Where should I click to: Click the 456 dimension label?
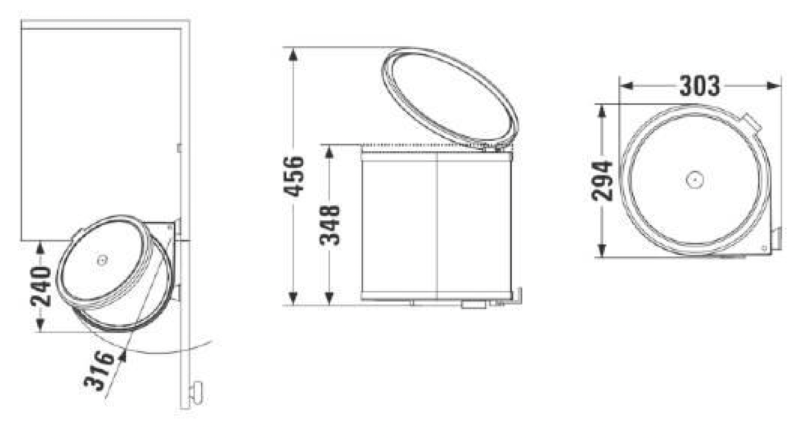pyautogui.click(x=294, y=176)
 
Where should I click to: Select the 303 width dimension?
pyautogui.click(x=699, y=86)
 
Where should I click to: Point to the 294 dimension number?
pyautogui.click(x=602, y=181)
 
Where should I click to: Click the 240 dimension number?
pyautogui.click(x=41, y=286)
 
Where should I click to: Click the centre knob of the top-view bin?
pyautogui.click(x=695, y=179)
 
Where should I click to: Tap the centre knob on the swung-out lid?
pyautogui.click(x=102, y=260)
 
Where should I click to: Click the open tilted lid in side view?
pyautogui.click(x=450, y=96)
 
